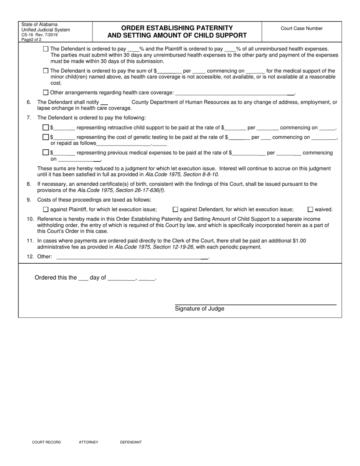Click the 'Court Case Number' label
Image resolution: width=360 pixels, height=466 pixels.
coord(302,28)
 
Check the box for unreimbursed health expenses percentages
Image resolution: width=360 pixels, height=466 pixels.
coord(46,49)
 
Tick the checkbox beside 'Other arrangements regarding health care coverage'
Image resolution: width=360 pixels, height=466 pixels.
coord(46,92)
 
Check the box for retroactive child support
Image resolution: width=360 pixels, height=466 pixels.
coord(46,128)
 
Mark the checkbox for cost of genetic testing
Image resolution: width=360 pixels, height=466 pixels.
coord(46,137)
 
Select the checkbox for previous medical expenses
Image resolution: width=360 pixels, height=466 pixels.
coord(46,153)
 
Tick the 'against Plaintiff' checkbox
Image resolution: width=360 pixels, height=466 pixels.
coord(46,210)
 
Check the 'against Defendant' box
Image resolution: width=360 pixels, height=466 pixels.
coord(175,210)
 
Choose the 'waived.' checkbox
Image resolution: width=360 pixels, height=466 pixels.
coord(310,210)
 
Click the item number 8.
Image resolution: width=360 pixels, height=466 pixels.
coord(29,184)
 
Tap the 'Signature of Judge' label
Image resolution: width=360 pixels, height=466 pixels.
coord(199,309)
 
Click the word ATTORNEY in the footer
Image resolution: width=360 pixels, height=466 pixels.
coord(88,442)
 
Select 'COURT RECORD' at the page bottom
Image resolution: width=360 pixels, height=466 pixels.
coord(46,442)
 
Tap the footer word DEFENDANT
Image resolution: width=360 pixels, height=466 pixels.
coord(131,442)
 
